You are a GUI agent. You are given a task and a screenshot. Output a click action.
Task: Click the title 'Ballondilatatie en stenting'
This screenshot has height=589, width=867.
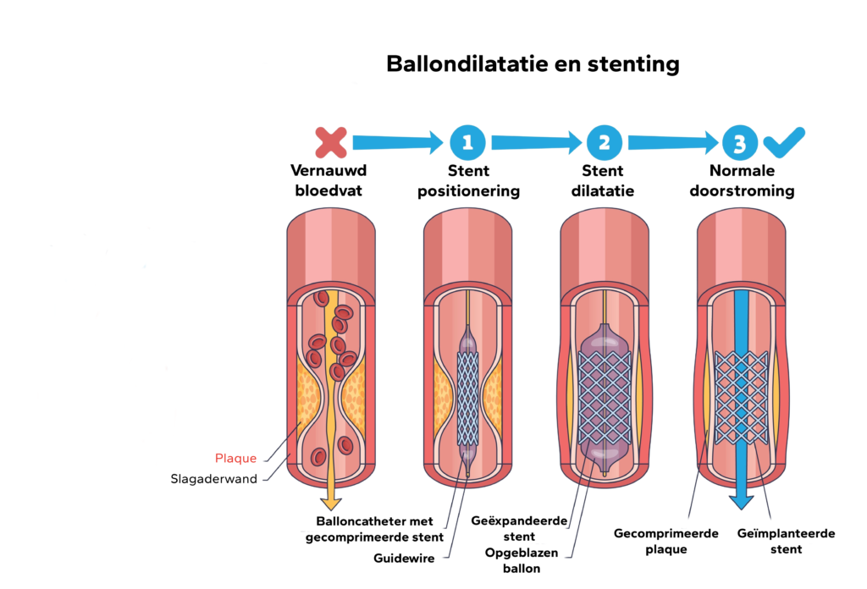[x=533, y=64]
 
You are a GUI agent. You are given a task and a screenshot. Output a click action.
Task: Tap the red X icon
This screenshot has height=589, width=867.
[x=331, y=142]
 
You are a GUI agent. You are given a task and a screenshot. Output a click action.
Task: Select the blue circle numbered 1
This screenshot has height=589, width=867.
[x=467, y=142]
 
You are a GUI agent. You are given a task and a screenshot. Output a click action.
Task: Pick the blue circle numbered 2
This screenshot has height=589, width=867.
[x=603, y=142]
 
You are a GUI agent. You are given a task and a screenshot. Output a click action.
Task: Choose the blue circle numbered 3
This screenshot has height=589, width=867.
[x=739, y=142]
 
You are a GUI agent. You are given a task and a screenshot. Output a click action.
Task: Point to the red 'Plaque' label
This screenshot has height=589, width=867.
[x=237, y=459]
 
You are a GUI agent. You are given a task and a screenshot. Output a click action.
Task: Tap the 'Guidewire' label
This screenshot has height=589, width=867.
[x=405, y=558]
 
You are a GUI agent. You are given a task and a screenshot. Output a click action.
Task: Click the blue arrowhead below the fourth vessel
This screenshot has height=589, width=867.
[x=742, y=500]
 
